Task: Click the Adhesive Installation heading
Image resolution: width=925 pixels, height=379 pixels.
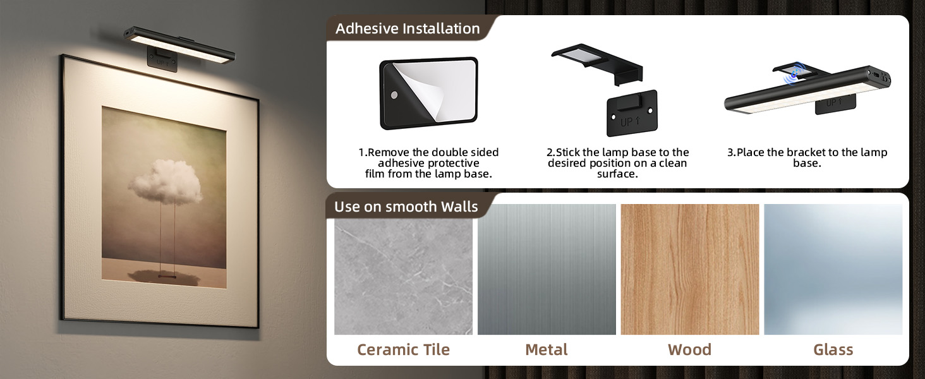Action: [x=408, y=28]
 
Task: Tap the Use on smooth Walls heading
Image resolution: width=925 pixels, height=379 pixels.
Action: [x=406, y=207]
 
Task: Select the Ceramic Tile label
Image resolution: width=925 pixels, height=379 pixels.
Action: [x=403, y=350]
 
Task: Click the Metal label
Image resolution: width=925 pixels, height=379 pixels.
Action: [x=547, y=350]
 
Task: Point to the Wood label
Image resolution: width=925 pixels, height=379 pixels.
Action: [x=689, y=350]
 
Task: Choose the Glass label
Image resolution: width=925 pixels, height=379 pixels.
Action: [x=833, y=350]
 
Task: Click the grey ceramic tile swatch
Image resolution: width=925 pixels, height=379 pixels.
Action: [x=404, y=276]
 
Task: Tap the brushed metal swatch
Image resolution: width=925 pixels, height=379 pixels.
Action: [x=547, y=269]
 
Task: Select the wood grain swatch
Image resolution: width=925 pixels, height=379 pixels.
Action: [x=690, y=269]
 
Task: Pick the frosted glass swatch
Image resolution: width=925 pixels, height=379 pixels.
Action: [x=833, y=269]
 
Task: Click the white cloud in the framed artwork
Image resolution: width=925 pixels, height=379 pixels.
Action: [x=166, y=182]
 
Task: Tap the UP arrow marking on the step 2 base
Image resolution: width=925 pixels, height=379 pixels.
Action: [x=630, y=121]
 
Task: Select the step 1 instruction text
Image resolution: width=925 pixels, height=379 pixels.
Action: [x=428, y=163]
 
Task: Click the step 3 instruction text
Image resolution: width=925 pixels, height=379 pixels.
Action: [x=807, y=158]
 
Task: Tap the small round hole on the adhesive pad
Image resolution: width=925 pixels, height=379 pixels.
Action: [x=394, y=95]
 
